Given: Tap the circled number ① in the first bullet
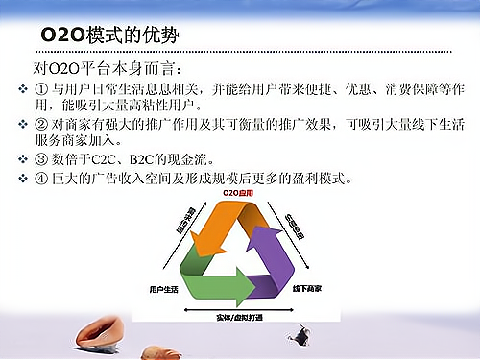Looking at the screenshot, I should click(41, 89).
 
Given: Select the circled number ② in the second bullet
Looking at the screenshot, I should click(41, 123).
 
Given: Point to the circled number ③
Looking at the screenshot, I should click(41, 158).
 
